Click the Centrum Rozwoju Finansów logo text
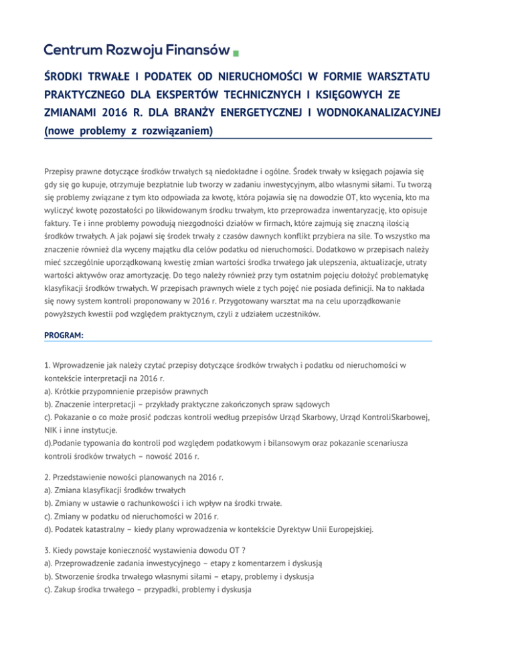(x=137, y=50)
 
